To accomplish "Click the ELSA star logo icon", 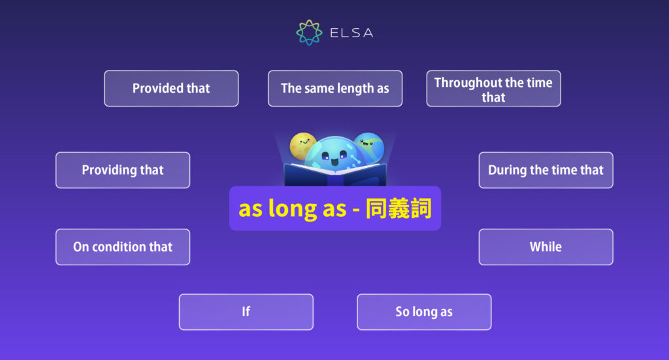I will [309, 32].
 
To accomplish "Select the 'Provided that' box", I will [171, 88].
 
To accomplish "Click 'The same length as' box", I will [335, 88].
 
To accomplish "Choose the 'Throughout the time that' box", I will [493, 89].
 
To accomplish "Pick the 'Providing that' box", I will [123, 170].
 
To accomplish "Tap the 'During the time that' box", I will [546, 170].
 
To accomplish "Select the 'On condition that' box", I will [123, 247].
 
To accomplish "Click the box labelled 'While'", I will [546, 247].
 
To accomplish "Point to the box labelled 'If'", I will [246, 312].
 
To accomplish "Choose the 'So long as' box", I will [424, 312].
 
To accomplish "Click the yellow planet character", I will [302, 145].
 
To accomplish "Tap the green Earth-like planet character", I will [368, 147].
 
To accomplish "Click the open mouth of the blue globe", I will [334, 161].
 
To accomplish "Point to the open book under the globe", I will [334, 175].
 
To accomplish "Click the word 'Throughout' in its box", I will [466, 82].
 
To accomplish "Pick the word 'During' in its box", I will [507, 170].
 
